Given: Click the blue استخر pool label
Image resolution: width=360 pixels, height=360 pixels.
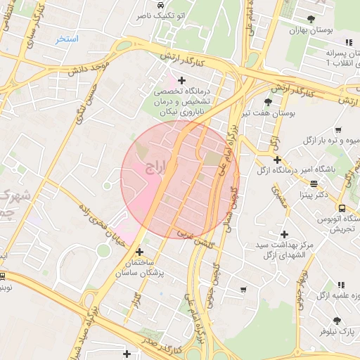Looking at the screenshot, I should [x=67, y=39].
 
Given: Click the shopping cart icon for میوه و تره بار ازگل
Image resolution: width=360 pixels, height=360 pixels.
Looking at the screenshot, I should [x=339, y=129].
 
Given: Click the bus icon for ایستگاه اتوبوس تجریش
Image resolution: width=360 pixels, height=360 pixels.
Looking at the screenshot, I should [x=342, y=208].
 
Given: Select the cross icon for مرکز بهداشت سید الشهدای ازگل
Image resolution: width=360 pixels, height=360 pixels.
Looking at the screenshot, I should [x=284, y=234].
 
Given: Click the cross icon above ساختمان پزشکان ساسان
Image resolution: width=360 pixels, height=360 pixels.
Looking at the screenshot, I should [x=139, y=251].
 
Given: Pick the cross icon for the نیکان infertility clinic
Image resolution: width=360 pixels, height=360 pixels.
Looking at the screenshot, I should [x=182, y=80].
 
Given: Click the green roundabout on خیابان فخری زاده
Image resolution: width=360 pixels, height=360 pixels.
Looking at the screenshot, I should [x=103, y=250].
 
